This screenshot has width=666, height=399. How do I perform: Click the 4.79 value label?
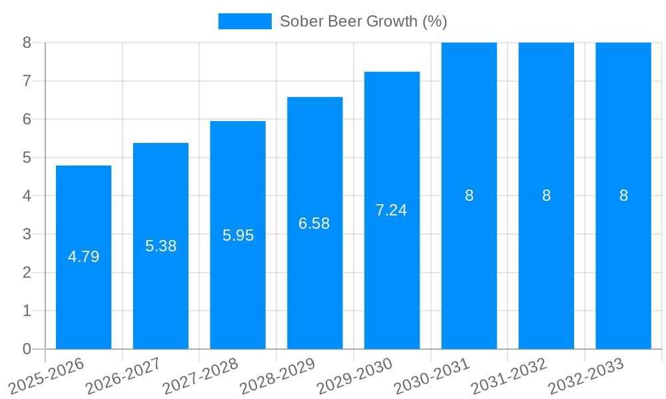pyautogui.click(x=84, y=257)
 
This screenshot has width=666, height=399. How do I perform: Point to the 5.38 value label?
pyautogui.click(x=161, y=246)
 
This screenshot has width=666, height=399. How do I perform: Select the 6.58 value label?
pyautogui.click(x=314, y=223)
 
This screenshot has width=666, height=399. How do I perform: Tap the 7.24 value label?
pyautogui.click(x=392, y=210)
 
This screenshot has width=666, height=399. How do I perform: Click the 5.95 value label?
pyautogui.click(x=238, y=235)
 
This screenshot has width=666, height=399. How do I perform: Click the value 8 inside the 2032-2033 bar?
pyautogui.click(x=623, y=196)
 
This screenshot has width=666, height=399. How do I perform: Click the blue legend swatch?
pyautogui.click(x=244, y=21)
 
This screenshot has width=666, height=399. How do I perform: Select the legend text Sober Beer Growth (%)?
pyautogui.click(x=363, y=21)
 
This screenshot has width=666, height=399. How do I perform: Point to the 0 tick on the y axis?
pyautogui.click(x=27, y=349)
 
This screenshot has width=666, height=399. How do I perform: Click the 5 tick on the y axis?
pyautogui.click(x=27, y=158)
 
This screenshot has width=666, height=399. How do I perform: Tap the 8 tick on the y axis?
pyautogui.click(x=27, y=43)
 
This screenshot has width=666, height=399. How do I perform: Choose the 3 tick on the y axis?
pyautogui.click(x=27, y=234)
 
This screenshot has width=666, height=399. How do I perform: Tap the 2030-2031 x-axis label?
pyautogui.click(x=432, y=376)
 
